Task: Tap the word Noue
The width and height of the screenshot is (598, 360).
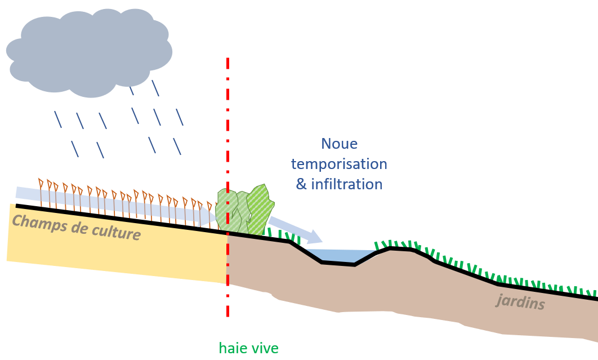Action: click(339, 144)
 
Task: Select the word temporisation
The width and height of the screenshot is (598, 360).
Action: click(339, 164)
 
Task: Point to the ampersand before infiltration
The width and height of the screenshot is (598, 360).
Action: click(301, 184)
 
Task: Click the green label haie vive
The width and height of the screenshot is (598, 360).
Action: click(249, 348)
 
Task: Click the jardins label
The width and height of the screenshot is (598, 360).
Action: click(520, 303)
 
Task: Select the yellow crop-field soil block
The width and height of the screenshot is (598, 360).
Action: click(113, 254)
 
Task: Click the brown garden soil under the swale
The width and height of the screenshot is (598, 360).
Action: click(338, 287)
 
